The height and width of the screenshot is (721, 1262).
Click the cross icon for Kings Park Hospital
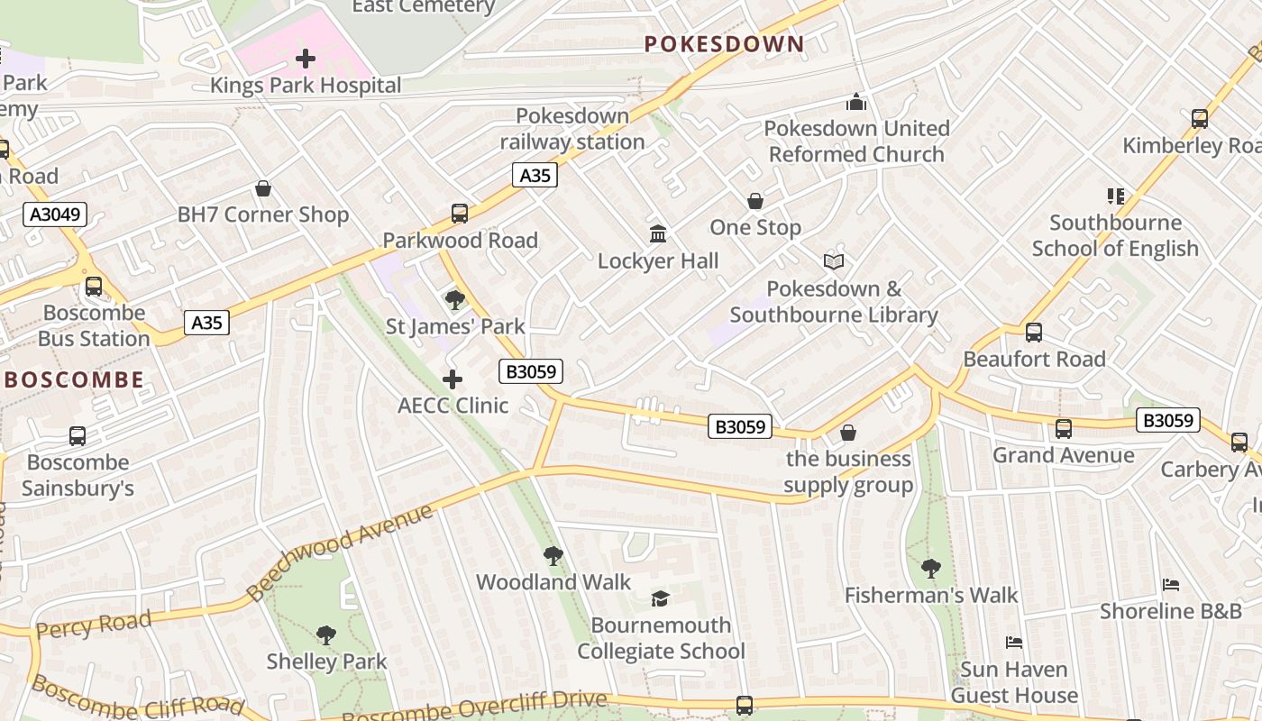click(306, 59)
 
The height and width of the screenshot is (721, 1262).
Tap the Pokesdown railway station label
click(572, 129)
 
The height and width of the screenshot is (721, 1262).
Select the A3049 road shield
click(55, 214)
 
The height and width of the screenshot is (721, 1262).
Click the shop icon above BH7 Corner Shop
click(263, 188)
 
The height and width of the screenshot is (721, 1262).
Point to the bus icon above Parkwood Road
click(460, 214)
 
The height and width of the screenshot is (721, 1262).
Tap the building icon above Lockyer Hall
click(658, 234)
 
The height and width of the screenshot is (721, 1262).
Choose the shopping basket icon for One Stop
click(755, 201)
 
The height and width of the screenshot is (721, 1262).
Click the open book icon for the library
click(834, 262)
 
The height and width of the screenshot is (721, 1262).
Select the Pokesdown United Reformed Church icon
click(856, 103)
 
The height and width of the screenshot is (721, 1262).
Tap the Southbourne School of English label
click(1115, 235)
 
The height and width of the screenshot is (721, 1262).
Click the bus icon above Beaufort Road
click(1034, 333)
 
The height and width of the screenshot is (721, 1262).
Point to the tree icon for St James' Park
click(455, 299)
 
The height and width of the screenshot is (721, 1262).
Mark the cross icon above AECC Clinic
click(453, 379)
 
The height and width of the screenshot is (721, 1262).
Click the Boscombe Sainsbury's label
click(78, 475)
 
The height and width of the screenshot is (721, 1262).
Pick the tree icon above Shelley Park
click(326, 635)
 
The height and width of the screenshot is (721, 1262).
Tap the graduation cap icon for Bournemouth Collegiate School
click(661, 599)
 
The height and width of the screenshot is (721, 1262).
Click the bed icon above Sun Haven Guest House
click(1014, 643)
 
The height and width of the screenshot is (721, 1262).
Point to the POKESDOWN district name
click(724, 44)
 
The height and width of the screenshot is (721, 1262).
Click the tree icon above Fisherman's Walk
click(930, 569)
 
